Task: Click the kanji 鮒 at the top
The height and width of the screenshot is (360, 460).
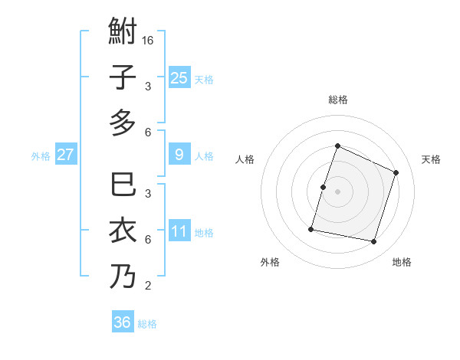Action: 123,33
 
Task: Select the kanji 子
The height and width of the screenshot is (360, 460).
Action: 123,77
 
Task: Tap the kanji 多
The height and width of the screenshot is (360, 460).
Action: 123,123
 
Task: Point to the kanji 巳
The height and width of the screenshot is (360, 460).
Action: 123,186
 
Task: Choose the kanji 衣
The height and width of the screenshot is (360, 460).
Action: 123,231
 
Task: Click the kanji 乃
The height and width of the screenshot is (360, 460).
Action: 123,276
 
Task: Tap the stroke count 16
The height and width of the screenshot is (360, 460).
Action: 149,40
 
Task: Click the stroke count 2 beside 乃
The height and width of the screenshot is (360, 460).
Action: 148,286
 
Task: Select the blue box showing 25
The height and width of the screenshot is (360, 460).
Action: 179,77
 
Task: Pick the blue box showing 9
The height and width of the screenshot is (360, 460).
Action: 179,155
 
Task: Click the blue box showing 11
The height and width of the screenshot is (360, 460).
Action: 179,231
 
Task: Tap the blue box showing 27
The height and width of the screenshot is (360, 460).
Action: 65,155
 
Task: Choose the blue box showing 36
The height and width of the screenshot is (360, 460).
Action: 123,322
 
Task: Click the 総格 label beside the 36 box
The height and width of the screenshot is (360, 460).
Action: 147,324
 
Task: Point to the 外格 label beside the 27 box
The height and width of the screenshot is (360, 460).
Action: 41,156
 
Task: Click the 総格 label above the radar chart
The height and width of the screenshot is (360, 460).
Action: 337,100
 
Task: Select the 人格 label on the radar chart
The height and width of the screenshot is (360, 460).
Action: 245,159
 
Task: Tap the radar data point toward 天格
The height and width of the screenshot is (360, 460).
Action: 396,172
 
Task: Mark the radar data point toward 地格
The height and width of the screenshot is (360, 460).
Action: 374,242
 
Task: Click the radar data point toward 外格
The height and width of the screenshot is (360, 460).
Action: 311,229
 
